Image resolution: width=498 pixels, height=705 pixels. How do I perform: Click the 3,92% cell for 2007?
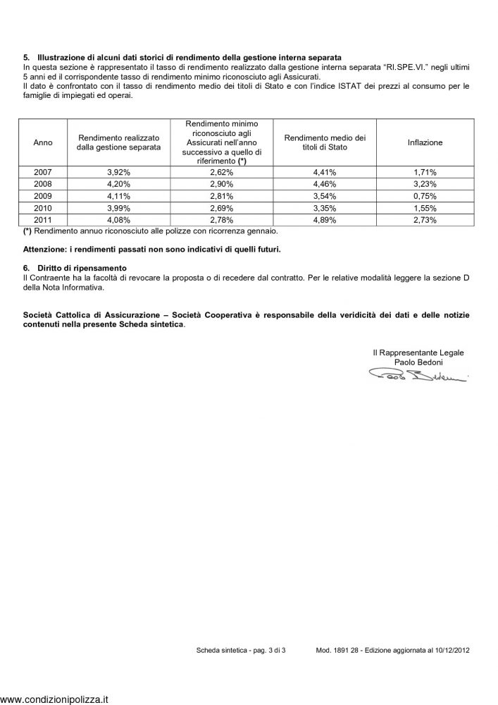coord(118,171)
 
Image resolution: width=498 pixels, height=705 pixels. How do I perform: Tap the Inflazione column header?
coord(425,142)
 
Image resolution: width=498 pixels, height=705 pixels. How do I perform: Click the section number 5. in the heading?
coord(26,56)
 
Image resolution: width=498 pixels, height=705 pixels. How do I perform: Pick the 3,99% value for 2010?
coord(118,209)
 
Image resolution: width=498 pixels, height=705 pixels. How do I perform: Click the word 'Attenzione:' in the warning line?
coord(44,250)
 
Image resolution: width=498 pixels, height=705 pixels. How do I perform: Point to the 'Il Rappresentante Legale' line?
coord(418,352)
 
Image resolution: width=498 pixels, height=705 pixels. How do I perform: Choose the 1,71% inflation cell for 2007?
coord(425,171)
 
